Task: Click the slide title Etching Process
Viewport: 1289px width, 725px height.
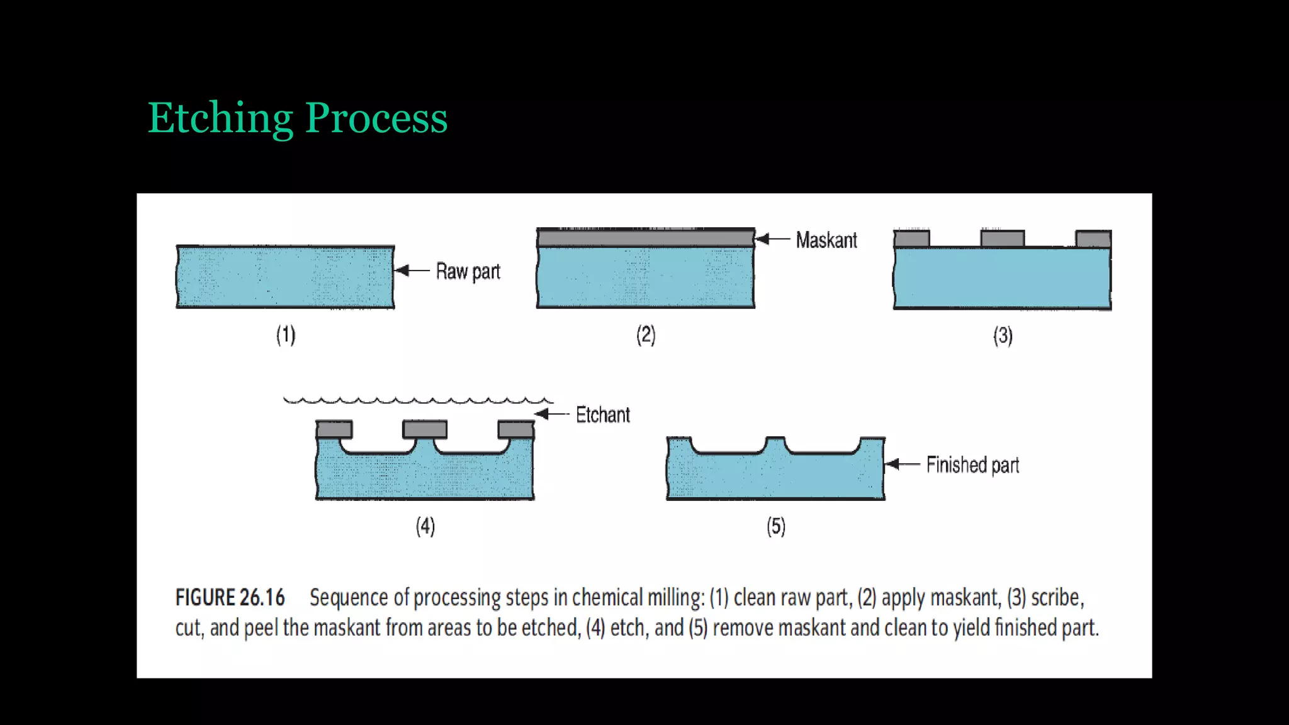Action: pyautogui.click(x=297, y=118)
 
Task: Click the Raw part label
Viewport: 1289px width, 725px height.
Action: pyautogui.click(x=468, y=271)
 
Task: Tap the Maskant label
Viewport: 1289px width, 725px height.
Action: pyautogui.click(x=826, y=240)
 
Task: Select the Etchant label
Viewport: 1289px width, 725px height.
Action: pyautogui.click(x=602, y=415)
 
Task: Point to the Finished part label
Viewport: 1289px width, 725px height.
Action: pyautogui.click(x=972, y=465)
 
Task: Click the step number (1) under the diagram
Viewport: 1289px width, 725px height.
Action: pyautogui.click(x=286, y=335)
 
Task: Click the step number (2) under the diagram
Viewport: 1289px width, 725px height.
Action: pyautogui.click(x=646, y=335)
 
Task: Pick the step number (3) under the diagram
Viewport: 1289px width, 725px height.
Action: pyautogui.click(x=1003, y=336)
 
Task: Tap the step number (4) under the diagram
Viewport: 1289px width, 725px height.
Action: pyautogui.click(x=425, y=526)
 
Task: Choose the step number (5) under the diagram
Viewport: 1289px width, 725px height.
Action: pyautogui.click(x=776, y=526)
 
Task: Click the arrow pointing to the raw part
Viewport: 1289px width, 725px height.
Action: pyautogui.click(x=412, y=271)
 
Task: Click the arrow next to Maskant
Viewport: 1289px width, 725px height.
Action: pyautogui.click(x=772, y=239)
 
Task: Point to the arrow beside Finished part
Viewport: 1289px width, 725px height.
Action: pyautogui.click(x=902, y=465)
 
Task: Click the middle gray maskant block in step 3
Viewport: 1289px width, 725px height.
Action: pyautogui.click(x=1002, y=239)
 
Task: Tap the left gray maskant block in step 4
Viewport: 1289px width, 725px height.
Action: pyautogui.click(x=334, y=430)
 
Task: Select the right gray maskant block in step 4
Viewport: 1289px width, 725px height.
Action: pyautogui.click(x=515, y=430)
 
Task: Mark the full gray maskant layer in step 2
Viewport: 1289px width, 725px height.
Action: pyautogui.click(x=645, y=238)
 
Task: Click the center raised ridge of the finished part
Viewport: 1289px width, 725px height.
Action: pyautogui.click(x=775, y=444)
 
